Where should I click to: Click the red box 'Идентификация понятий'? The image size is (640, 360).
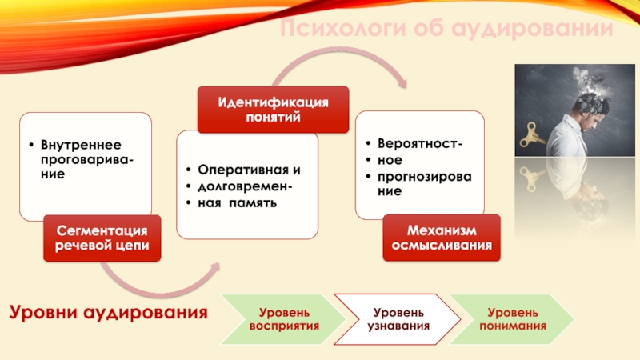(x=274, y=110)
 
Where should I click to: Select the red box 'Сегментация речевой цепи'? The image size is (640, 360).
(x=102, y=238)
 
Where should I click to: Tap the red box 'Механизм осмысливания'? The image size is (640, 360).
(x=442, y=238)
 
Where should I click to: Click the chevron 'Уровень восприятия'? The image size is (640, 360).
(x=284, y=318)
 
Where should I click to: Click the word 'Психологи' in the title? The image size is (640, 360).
(x=342, y=30)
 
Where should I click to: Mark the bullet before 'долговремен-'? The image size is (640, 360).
(x=186, y=187)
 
